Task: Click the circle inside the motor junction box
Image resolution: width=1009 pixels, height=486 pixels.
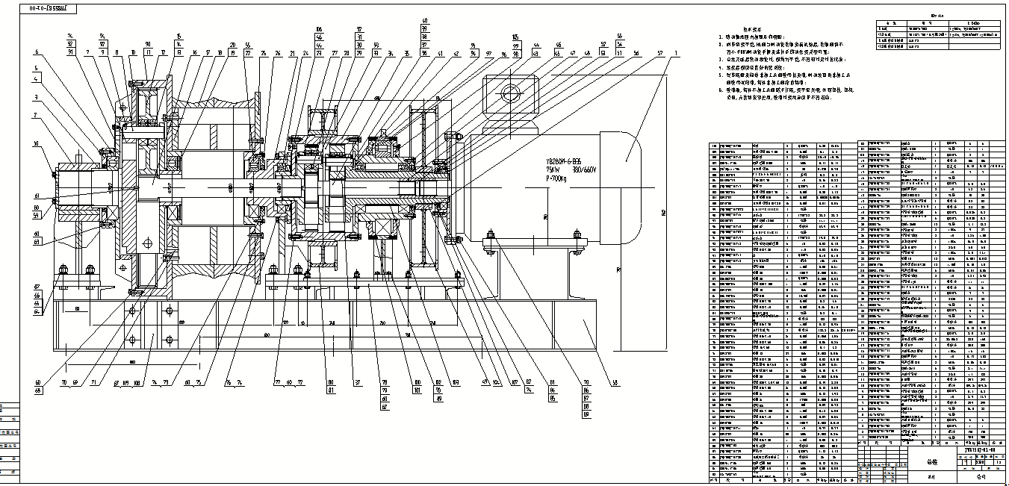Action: pyautogui.click(x=512, y=94)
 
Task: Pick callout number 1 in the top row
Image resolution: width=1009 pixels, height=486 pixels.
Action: pyautogui.click(x=676, y=52)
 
